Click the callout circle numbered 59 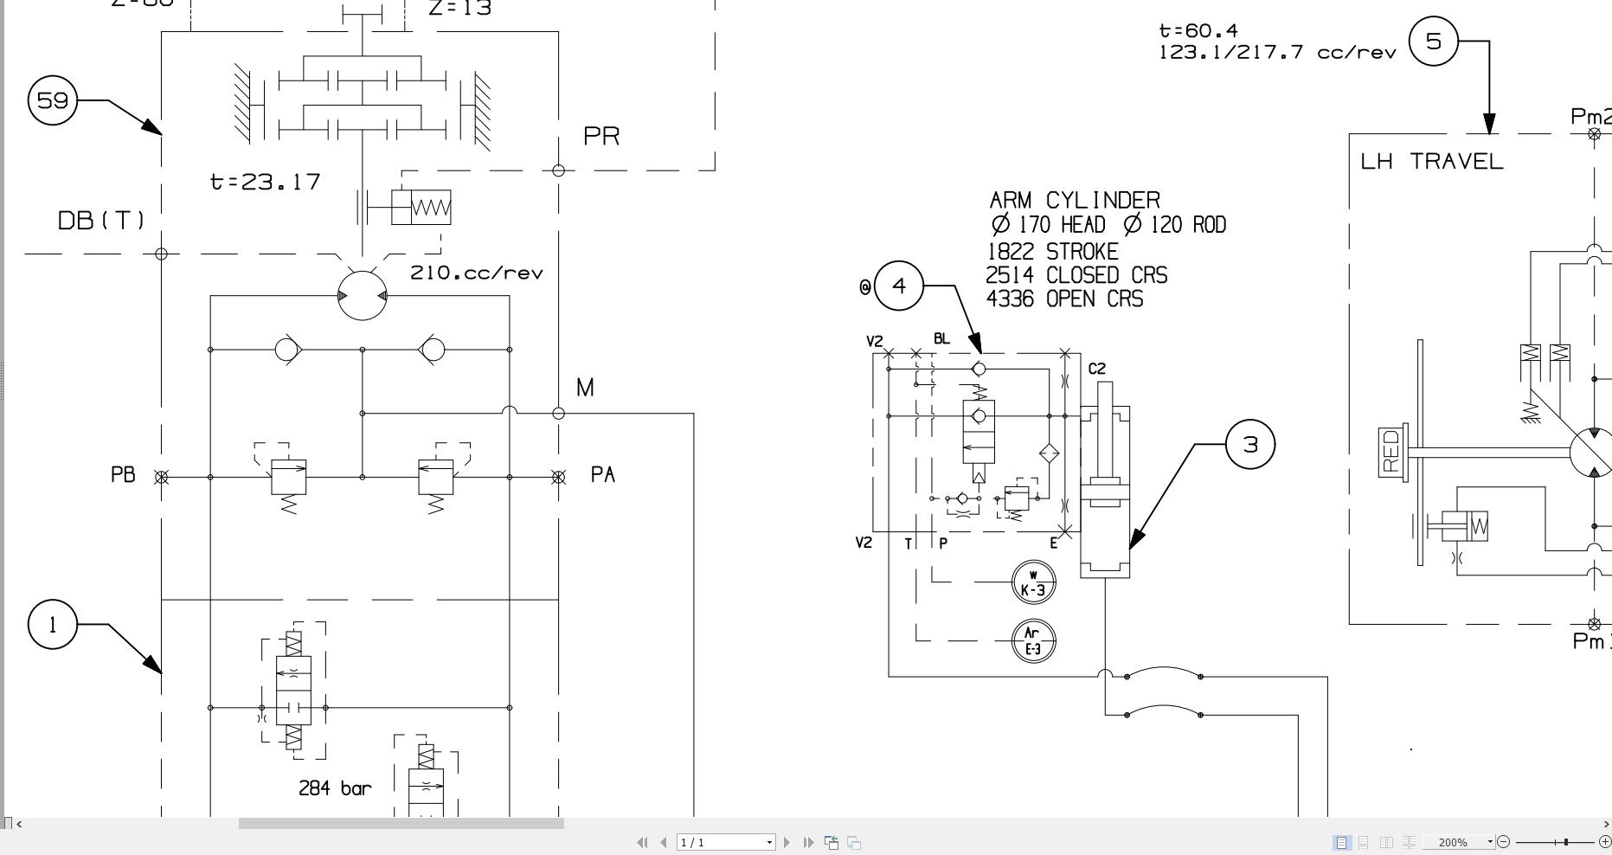(53, 100)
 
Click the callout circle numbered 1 (53, 625)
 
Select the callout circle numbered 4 (899, 286)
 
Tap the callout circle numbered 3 (1250, 445)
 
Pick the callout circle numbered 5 (1433, 41)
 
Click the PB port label (123, 475)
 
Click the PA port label (602, 475)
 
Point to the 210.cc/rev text (477, 273)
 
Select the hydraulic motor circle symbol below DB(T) (362, 295)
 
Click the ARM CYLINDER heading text (1075, 200)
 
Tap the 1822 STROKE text (1052, 252)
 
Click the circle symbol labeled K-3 (1033, 582)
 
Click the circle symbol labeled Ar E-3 (1033, 641)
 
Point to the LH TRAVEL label (1432, 162)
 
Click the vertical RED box (1391, 451)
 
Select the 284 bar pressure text (335, 788)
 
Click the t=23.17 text (265, 182)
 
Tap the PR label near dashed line (601, 137)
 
